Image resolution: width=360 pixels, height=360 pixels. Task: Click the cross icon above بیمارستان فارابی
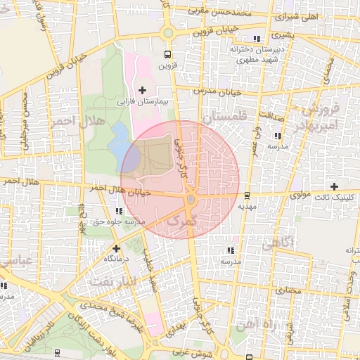point(143,90)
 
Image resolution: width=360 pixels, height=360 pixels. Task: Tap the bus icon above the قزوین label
point(167,55)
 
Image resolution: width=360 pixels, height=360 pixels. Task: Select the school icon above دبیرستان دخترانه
point(257,39)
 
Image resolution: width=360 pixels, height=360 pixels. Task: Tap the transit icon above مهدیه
point(247,196)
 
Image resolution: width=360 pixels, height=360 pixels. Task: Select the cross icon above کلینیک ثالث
point(335,186)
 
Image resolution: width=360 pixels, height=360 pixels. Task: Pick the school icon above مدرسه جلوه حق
point(117,211)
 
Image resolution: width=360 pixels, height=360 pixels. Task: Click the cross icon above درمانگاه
point(116,248)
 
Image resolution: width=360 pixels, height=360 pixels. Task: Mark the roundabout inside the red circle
point(191,201)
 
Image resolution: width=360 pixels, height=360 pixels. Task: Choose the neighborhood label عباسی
point(14,261)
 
